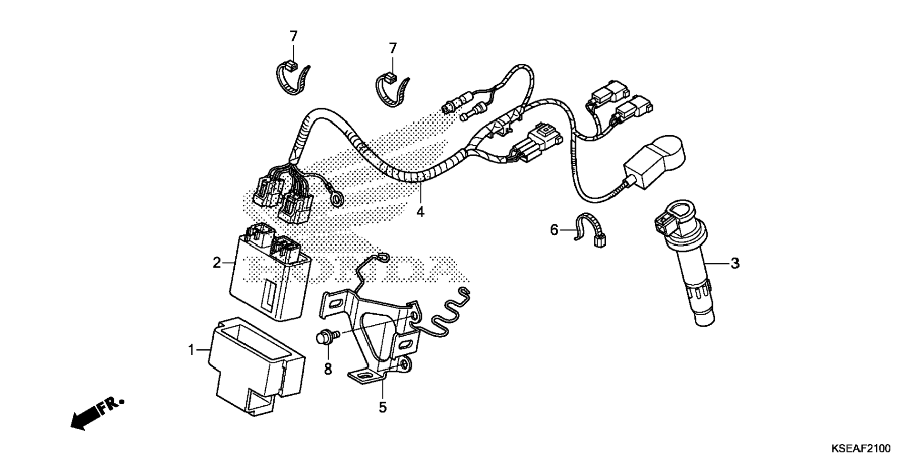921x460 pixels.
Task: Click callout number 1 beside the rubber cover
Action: [x=191, y=350]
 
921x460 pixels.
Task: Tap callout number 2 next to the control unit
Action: [x=217, y=262]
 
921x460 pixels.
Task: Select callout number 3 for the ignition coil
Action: [x=735, y=263]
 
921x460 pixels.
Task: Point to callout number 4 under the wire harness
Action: [x=420, y=211]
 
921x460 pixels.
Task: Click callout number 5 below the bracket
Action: [x=382, y=407]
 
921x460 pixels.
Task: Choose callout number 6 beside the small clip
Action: [x=554, y=230]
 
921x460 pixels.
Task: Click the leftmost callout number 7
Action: [x=293, y=36]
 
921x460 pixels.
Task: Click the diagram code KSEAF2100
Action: [x=861, y=449]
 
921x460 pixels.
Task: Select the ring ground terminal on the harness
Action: [x=338, y=199]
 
